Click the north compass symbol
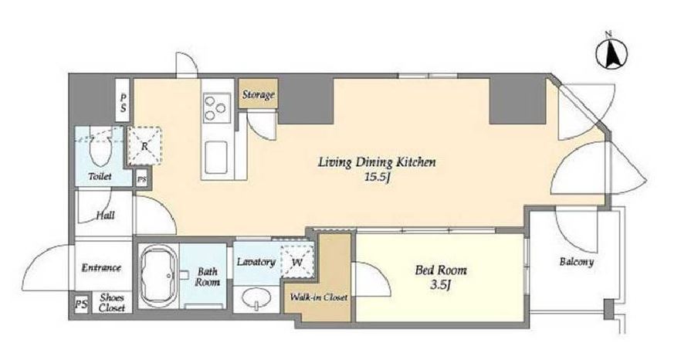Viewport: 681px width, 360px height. pos(612,54)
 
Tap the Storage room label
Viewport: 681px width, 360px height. pos(258,94)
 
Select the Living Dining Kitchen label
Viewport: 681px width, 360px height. pos(377,162)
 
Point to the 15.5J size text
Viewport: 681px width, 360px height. pos(376,178)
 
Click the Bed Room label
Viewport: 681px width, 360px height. pos(441,270)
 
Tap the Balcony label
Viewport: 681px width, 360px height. pos(576,262)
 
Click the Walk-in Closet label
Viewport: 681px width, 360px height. pos(318,297)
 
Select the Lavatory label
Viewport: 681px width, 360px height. pos(256,262)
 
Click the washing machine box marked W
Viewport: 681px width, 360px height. pos(297,261)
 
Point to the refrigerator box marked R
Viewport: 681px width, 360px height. pos(144,146)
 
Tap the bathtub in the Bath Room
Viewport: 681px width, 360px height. pos(158,275)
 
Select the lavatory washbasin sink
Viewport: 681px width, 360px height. pos(256,299)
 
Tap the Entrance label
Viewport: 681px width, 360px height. pos(101,267)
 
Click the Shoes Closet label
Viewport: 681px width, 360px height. pos(112,303)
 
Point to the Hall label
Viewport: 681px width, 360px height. pos(105,216)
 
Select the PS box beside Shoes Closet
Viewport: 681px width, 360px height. pos(80,304)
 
